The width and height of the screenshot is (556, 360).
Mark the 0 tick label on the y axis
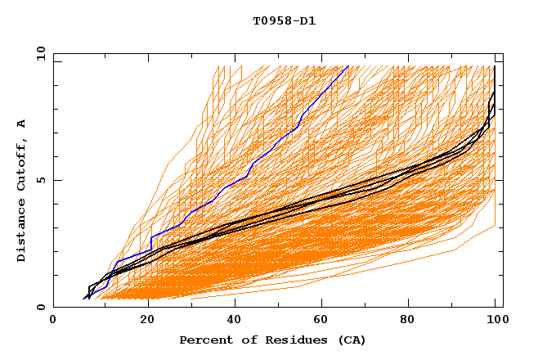40,308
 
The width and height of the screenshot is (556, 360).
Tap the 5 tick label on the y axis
40,180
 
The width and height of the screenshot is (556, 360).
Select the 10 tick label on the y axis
38,52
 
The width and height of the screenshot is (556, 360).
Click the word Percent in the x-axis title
203,340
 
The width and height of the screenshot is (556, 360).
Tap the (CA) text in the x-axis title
349,340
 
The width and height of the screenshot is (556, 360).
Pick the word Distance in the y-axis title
22,232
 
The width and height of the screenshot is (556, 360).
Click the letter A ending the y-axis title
22,123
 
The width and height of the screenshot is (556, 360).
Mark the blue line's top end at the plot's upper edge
348,65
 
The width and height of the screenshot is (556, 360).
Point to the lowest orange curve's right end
495,226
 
